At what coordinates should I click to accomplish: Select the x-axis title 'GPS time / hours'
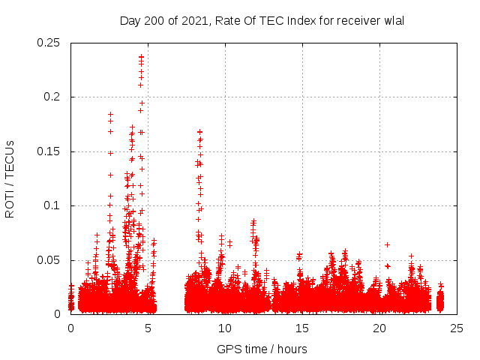tap(262, 349)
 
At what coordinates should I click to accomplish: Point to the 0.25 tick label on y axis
tap(49, 43)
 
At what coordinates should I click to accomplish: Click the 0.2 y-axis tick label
tap(55, 97)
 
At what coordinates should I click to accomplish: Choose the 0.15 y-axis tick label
tap(49, 151)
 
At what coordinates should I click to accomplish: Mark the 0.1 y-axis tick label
tap(55, 205)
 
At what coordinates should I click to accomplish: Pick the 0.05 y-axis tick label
tap(49, 260)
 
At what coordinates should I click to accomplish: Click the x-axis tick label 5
tap(148, 328)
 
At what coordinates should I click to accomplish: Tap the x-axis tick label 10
tap(225, 328)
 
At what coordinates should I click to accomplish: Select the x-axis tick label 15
tap(302, 328)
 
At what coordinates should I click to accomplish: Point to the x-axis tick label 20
tap(379, 328)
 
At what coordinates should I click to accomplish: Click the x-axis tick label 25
tap(456, 328)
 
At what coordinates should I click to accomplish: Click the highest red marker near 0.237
tap(141, 56)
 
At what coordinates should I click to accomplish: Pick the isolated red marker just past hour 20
tap(387, 244)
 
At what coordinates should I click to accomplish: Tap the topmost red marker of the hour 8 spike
tap(200, 132)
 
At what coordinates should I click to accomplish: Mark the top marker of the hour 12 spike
tap(253, 221)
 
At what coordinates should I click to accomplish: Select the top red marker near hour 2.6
tap(111, 115)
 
